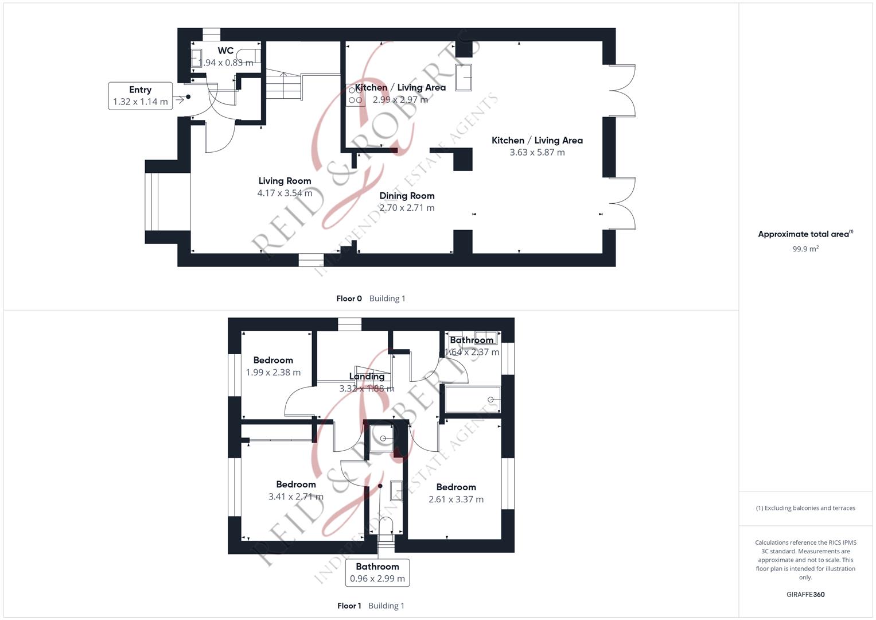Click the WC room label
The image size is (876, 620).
(x=225, y=51)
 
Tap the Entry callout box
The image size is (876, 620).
(x=141, y=96)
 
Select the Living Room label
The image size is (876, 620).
(x=285, y=181)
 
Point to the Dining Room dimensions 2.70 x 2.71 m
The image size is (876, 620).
(x=407, y=208)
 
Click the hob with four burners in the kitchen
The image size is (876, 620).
(x=355, y=95)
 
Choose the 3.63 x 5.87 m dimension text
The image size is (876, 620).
(x=537, y=152)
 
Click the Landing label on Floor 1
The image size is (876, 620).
(x=367, y=376)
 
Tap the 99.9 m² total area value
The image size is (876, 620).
(x=805, y=249)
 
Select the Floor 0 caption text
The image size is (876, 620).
(x=349, y=299)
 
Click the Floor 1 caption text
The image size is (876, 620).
(x=349, y=606)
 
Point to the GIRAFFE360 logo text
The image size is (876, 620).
(x=805, y=595)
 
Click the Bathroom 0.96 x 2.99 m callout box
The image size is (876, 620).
(x=377, y=573)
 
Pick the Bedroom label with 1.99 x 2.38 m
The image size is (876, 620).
(x=273, y=360)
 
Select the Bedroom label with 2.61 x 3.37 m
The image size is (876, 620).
(x=456, y=487)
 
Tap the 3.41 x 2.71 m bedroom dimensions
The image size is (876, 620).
(x=295, y=497)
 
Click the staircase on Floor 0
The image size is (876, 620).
(x=283, y=84)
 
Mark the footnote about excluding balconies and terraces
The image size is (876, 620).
(x=805, y=508)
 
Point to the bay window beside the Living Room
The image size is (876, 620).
(x=151, y=201)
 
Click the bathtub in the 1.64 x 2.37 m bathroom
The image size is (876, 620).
(x=473, y=400)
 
